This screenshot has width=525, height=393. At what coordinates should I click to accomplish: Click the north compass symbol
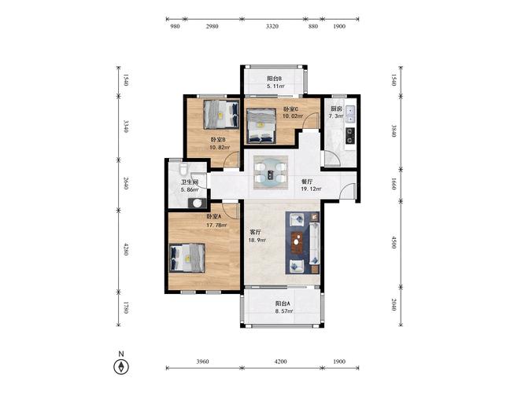121,366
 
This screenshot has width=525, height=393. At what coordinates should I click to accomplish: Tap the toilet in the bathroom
183,169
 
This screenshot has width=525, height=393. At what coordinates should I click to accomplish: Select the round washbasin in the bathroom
198,203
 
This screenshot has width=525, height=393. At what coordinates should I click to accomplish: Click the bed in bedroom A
187,259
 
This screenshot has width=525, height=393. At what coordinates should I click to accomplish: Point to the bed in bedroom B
221,115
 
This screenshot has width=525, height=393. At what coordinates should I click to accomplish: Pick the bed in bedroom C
261,127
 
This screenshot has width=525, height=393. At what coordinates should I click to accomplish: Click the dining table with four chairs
271,173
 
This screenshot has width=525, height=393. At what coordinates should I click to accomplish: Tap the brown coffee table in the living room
297,243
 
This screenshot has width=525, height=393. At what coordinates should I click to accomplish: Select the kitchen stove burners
350,135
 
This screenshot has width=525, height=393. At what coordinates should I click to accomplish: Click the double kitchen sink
350,114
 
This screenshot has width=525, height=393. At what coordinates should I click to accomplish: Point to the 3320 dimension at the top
272,27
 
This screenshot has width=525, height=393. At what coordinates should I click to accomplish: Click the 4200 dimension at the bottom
280,362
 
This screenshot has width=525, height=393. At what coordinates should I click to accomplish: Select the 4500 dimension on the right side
394,243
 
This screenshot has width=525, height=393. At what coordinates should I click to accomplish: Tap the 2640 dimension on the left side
126,183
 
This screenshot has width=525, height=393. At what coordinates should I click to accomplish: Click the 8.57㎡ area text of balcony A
284,311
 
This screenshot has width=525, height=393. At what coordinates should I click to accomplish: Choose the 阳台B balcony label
274,79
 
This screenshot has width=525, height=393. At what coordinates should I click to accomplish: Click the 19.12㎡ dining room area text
311,189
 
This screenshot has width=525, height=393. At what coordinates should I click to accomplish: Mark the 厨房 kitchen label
337,108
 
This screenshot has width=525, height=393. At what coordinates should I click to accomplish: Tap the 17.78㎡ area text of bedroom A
216,225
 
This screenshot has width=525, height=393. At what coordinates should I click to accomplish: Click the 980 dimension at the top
175,27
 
